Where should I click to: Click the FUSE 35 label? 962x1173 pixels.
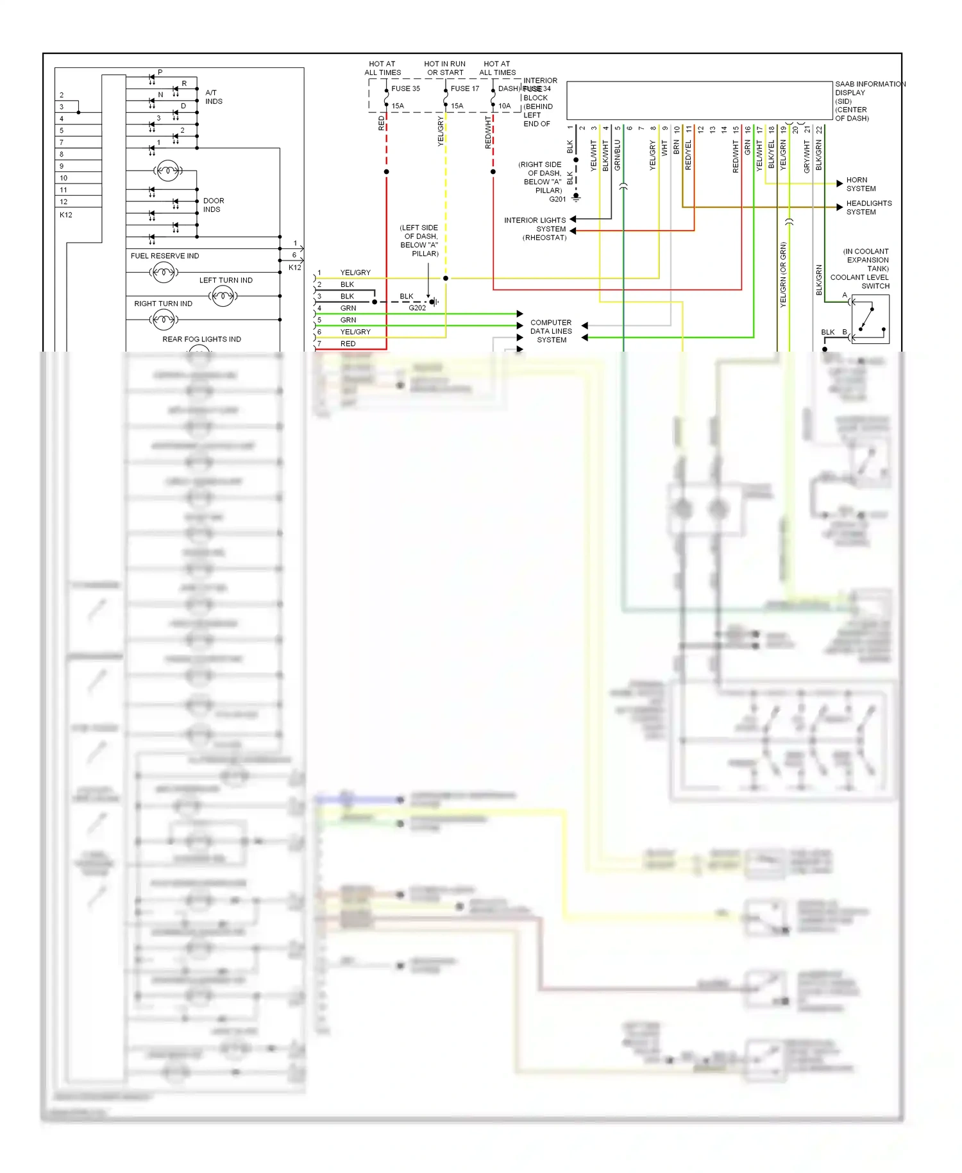(x=405, y=89)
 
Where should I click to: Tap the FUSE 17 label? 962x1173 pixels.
(x=464, y=89)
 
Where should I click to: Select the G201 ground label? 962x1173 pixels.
(x=557, y=199)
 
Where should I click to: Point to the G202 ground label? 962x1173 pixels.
(x=417, y=308)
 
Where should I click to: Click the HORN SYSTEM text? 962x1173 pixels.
(x=861, y=184)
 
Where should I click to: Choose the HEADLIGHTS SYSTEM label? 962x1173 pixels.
(x=868, y=207)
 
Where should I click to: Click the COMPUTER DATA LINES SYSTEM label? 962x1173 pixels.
(x=551, y=331)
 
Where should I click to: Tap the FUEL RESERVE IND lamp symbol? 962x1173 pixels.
(x=163, y=273)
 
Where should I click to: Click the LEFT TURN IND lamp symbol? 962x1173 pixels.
(x=223, y=296)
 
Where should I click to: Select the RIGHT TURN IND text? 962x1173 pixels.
(x=163, y=304)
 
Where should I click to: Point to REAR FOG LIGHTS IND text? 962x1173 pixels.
(x=201, y=339)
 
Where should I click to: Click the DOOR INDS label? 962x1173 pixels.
(x=213, y=205)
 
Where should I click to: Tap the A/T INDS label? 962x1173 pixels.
(x=213, y=97)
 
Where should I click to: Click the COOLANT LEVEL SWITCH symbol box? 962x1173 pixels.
(x=870, y=319)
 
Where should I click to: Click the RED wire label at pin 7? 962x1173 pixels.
(x=348, y=344)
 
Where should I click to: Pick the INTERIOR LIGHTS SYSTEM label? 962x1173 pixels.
(x=535, y=228)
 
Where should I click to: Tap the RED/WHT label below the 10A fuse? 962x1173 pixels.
(x=488, y=133)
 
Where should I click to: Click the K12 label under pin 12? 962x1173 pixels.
(x=66, y=215)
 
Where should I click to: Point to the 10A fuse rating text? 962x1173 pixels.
(x=505, y=106)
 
